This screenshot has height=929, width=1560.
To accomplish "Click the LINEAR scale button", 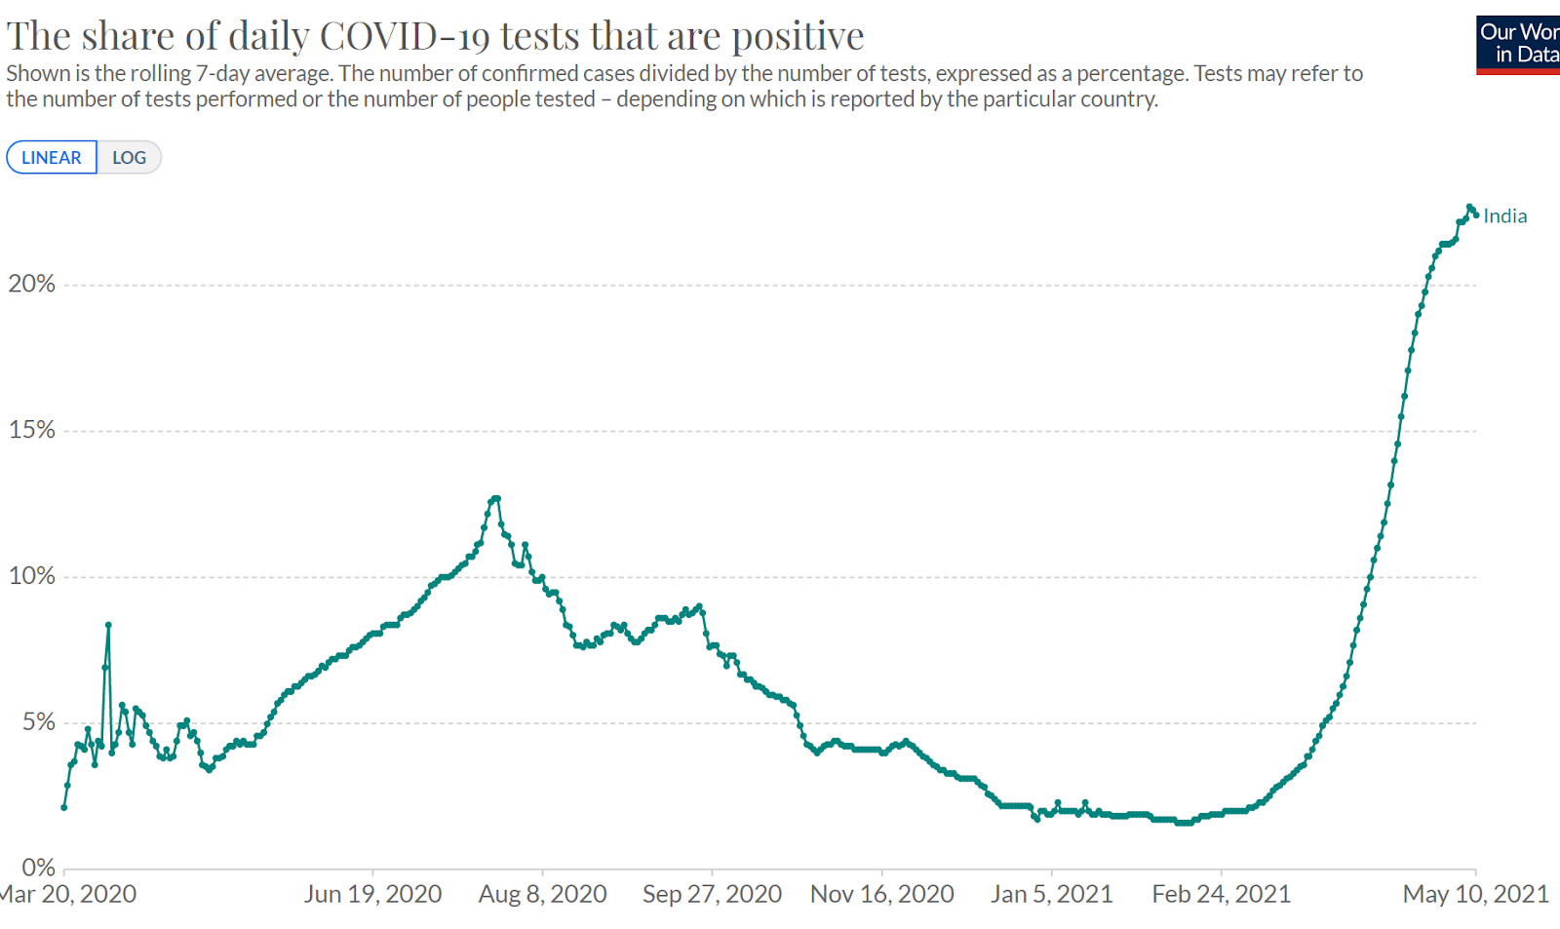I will click(52, 158).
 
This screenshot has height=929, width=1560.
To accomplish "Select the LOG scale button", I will click(129, 158).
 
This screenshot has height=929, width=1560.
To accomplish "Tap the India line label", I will click(1504, 216).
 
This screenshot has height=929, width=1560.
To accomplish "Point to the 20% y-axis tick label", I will click(32, 284).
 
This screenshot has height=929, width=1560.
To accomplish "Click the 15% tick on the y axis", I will click(32, 430).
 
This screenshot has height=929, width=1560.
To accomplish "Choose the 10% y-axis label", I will click(32, 575).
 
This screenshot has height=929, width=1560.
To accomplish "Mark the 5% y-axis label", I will click(39, 721).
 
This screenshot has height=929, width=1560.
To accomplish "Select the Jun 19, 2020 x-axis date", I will click(372, 894).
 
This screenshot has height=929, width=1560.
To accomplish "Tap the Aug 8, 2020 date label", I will click(542, 894).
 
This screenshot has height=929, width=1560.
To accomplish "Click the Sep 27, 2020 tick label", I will click(712, 894).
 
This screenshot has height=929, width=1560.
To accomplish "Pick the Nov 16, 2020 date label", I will click(881, 894).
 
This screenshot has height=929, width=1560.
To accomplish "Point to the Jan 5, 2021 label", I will click(1051, 894).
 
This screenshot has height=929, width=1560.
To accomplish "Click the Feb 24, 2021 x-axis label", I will click(1221, 894).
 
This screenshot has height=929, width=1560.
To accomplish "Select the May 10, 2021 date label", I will click(1475, 894).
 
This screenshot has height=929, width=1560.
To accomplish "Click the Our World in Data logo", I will click(1518, 45).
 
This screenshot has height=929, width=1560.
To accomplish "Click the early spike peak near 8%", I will click(108, 625).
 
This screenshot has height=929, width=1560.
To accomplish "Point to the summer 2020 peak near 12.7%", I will click(496, 499).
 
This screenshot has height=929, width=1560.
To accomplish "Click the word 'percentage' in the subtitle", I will click(1132, 74).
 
